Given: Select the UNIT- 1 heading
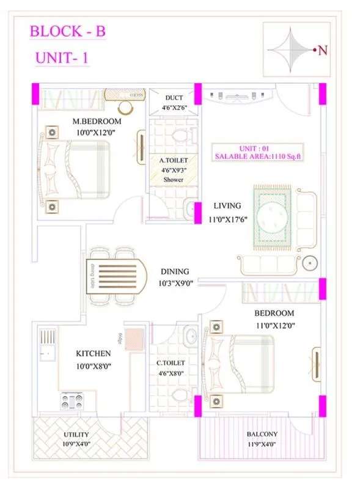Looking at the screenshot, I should [x=62, y=59].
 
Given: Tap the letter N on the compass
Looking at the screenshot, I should [x=322, y=51].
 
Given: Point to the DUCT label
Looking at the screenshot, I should [x=174, y=98].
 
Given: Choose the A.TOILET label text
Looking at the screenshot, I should [x=173, y=160].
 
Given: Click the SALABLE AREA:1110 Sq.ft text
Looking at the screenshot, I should [x=259, y=157].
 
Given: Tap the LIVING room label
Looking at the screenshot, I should [x=227, y=206].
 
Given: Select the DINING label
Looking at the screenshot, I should [x=175, y=271].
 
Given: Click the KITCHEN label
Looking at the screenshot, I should [x=93, y=353].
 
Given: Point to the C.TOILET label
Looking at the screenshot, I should [x=171, y=362].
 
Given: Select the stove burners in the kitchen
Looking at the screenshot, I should [x=72, y=401].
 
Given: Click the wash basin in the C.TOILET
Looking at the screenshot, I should [x=190, y=336].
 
